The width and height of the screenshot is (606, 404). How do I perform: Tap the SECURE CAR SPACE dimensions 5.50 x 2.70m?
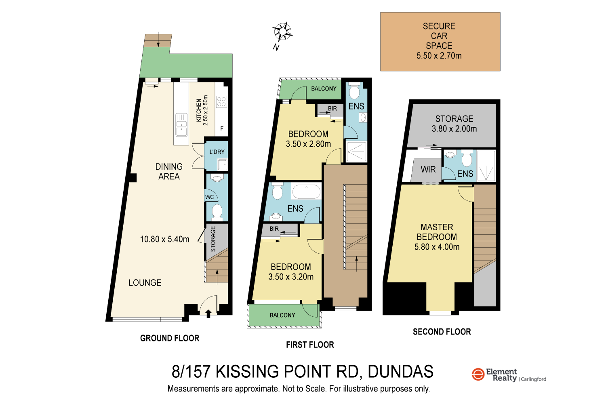coord(439,56)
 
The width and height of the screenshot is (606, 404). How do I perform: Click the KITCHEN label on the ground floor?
coord(198,110)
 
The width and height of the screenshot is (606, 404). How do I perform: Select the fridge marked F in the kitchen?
coord(221,128)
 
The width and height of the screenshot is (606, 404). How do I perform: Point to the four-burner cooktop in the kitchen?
coord(221,101)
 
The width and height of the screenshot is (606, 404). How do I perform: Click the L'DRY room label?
coord(217,152)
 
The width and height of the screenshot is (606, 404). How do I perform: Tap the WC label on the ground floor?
coord(210,197)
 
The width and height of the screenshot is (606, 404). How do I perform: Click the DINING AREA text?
coord(169,172)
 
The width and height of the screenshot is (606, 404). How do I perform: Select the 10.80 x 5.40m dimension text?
coord(164,239)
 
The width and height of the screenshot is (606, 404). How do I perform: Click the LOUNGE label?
coord(145,283)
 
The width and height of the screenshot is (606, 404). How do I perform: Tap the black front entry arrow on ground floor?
coord(208,314)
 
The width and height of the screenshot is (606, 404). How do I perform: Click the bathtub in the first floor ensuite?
coord(306,191)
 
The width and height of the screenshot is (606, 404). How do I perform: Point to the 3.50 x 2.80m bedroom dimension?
coord(308,144)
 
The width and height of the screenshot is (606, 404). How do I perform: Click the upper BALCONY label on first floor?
coord(324,88)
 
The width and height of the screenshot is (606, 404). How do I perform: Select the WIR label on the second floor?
coord(428,170)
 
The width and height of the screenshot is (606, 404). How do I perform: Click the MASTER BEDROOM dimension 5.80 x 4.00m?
coord(437,247)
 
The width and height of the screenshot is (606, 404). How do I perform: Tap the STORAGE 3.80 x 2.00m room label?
coord(454,124)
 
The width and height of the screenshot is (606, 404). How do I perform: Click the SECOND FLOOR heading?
coord(442,332)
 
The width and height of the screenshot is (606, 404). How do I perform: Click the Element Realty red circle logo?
coord(478,374)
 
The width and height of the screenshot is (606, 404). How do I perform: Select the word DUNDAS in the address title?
coord(400,372)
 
